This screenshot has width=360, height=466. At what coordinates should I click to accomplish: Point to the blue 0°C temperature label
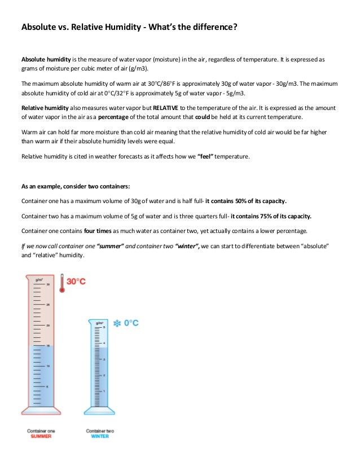(x=131, y=323)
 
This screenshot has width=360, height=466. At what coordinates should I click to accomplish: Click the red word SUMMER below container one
(x=39, y=436)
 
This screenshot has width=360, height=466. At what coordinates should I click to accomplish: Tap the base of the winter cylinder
(x=100, y=411)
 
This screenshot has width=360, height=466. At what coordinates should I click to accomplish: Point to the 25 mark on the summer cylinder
(x=47, y=305)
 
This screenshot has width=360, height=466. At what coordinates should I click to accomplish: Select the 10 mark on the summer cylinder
(x=47, y=366)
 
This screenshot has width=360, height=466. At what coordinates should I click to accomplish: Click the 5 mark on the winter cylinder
(x=104, y=327)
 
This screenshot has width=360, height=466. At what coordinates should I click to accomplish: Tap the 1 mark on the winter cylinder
(x=104, y=390)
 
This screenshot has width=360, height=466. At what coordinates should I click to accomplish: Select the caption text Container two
(x=100, y=430)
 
